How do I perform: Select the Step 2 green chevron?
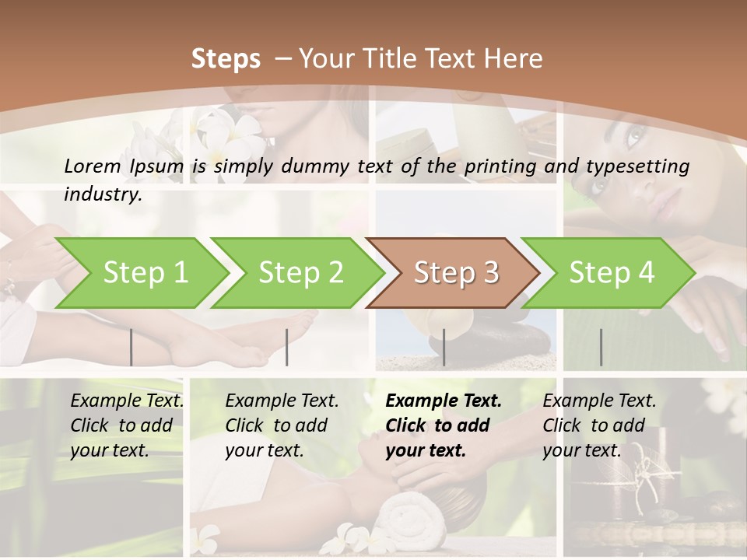coord(300,273)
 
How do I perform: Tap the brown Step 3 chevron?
coord(455,273)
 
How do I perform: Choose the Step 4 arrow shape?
coord(611,273)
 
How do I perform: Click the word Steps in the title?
coord(226,58)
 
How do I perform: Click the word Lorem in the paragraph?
coord(93,166)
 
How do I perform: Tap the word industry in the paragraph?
coord(103,194)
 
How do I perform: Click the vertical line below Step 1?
coord(131,347)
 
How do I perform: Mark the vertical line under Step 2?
coord(287,347)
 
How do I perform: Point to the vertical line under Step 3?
coord(444,347)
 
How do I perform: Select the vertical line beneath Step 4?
coord(601,347)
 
